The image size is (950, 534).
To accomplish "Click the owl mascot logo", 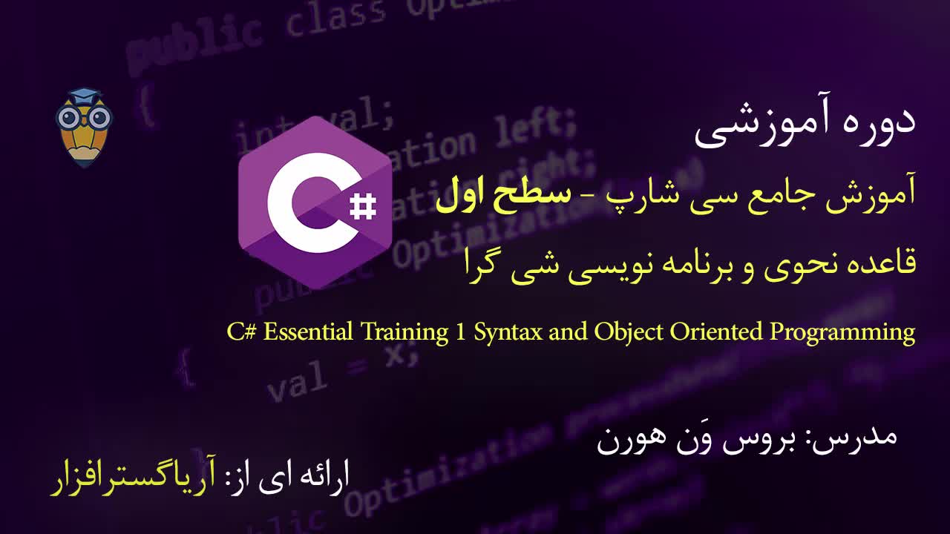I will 83,126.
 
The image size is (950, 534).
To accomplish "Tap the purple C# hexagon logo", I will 315,202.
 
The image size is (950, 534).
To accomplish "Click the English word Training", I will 405,332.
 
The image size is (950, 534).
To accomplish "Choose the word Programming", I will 842,332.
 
